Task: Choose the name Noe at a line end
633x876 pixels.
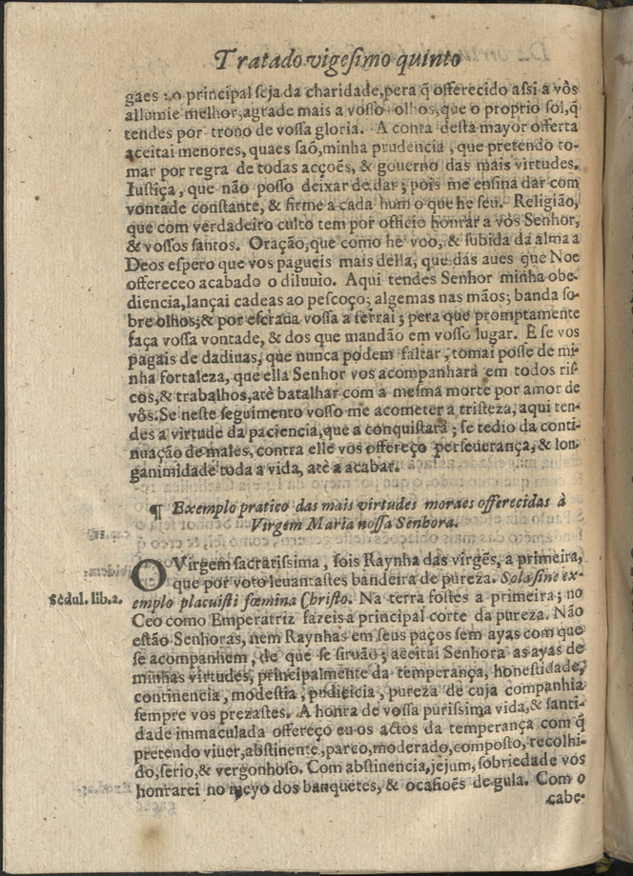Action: pos(563,258)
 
